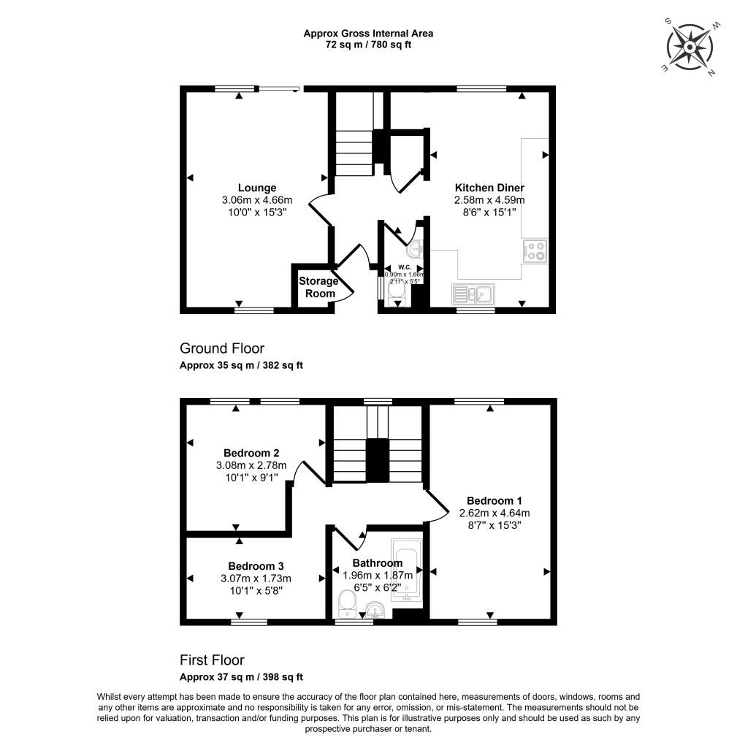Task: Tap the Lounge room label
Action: pyautogui.click(x=257, y=188)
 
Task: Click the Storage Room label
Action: pyautogui.click(x=318, y=287)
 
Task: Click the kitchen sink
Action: pyautogui.click(x=473, y=294)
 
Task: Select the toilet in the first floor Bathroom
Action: pyautogui.click(x=347, y=603)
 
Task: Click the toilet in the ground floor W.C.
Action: pyautogui.click(x=396, y=291)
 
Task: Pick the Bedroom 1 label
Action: pyautogui.click(x=494, y=500)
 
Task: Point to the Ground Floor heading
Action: pyautogui.click(x=222, y=348)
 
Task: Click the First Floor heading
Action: pyautogui.click(x=212, y=660)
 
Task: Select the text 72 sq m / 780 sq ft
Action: pyautogui.click(x=368, y=45)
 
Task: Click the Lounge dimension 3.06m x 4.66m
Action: pyautogui.click(x=257, y=200)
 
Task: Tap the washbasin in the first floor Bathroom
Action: pyautogui.click(x=375, y=609)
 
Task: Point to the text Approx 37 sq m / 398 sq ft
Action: pyautogui.click(x=241, y=677)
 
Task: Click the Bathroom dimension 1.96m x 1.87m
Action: pyautogui.click(x=378, y=576)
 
